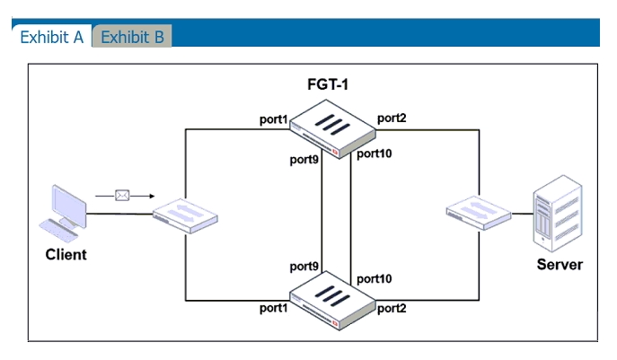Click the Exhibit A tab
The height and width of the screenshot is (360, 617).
tap(52, 37)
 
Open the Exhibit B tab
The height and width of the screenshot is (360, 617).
tap(132, 37)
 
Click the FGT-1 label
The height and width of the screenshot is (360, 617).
tap(328, 84)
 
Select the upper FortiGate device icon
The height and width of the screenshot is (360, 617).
tap(332, 129)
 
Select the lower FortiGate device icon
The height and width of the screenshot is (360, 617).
tap(332, 301)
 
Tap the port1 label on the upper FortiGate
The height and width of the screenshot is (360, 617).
tap(274, 119)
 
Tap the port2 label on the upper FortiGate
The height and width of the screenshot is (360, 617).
tap(392, 118)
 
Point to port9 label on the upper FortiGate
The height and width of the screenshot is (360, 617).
tap(304, 159)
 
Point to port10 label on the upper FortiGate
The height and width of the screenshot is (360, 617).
tap(375, 154)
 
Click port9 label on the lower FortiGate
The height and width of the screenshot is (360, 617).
tap(304, 267)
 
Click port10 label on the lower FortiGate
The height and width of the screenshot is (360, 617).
tap(375, 279)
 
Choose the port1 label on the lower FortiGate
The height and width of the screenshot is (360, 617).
tap(274, 308)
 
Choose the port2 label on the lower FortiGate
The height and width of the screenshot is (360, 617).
tap(392, 309)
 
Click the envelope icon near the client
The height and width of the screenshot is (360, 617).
tap(122, 196)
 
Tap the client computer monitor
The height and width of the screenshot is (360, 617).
tap(69, 206)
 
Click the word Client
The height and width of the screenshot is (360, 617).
tap(66, 255)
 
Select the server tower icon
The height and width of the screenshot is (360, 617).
tap(558, 214)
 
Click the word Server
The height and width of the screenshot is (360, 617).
tap(560, 265)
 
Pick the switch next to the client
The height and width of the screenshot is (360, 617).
tap(185, 216)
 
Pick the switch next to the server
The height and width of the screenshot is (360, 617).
tap(479, 213)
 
